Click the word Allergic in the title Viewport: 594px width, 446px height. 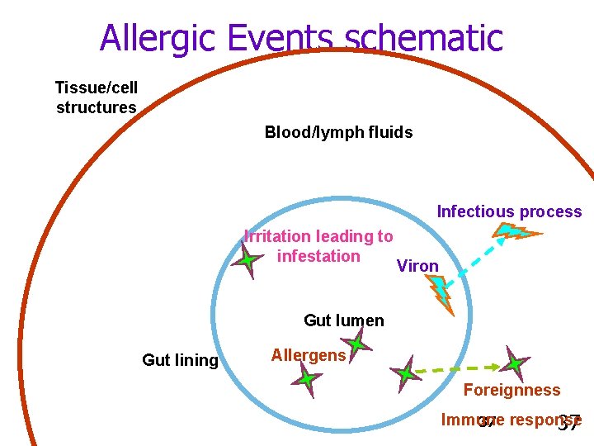(159, 38)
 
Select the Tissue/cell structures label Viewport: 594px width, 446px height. (96, 97)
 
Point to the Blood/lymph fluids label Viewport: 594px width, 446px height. (338, 132)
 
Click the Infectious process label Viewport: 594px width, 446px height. (509, 211)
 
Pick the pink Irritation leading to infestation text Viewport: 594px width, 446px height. (319, 246)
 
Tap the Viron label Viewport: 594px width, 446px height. (417, 266)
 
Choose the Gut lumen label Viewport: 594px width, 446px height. (343, 320)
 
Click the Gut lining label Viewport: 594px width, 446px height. (180, 360)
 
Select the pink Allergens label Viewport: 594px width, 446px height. (309, 355)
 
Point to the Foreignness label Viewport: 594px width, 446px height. (511, 390)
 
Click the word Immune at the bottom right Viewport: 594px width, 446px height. (467, 420)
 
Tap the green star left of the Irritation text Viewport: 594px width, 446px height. (246, 262)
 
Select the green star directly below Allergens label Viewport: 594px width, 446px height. (306, 380)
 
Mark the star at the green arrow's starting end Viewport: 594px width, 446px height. (405, 372)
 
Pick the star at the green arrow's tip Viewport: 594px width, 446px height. (514, 363)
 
